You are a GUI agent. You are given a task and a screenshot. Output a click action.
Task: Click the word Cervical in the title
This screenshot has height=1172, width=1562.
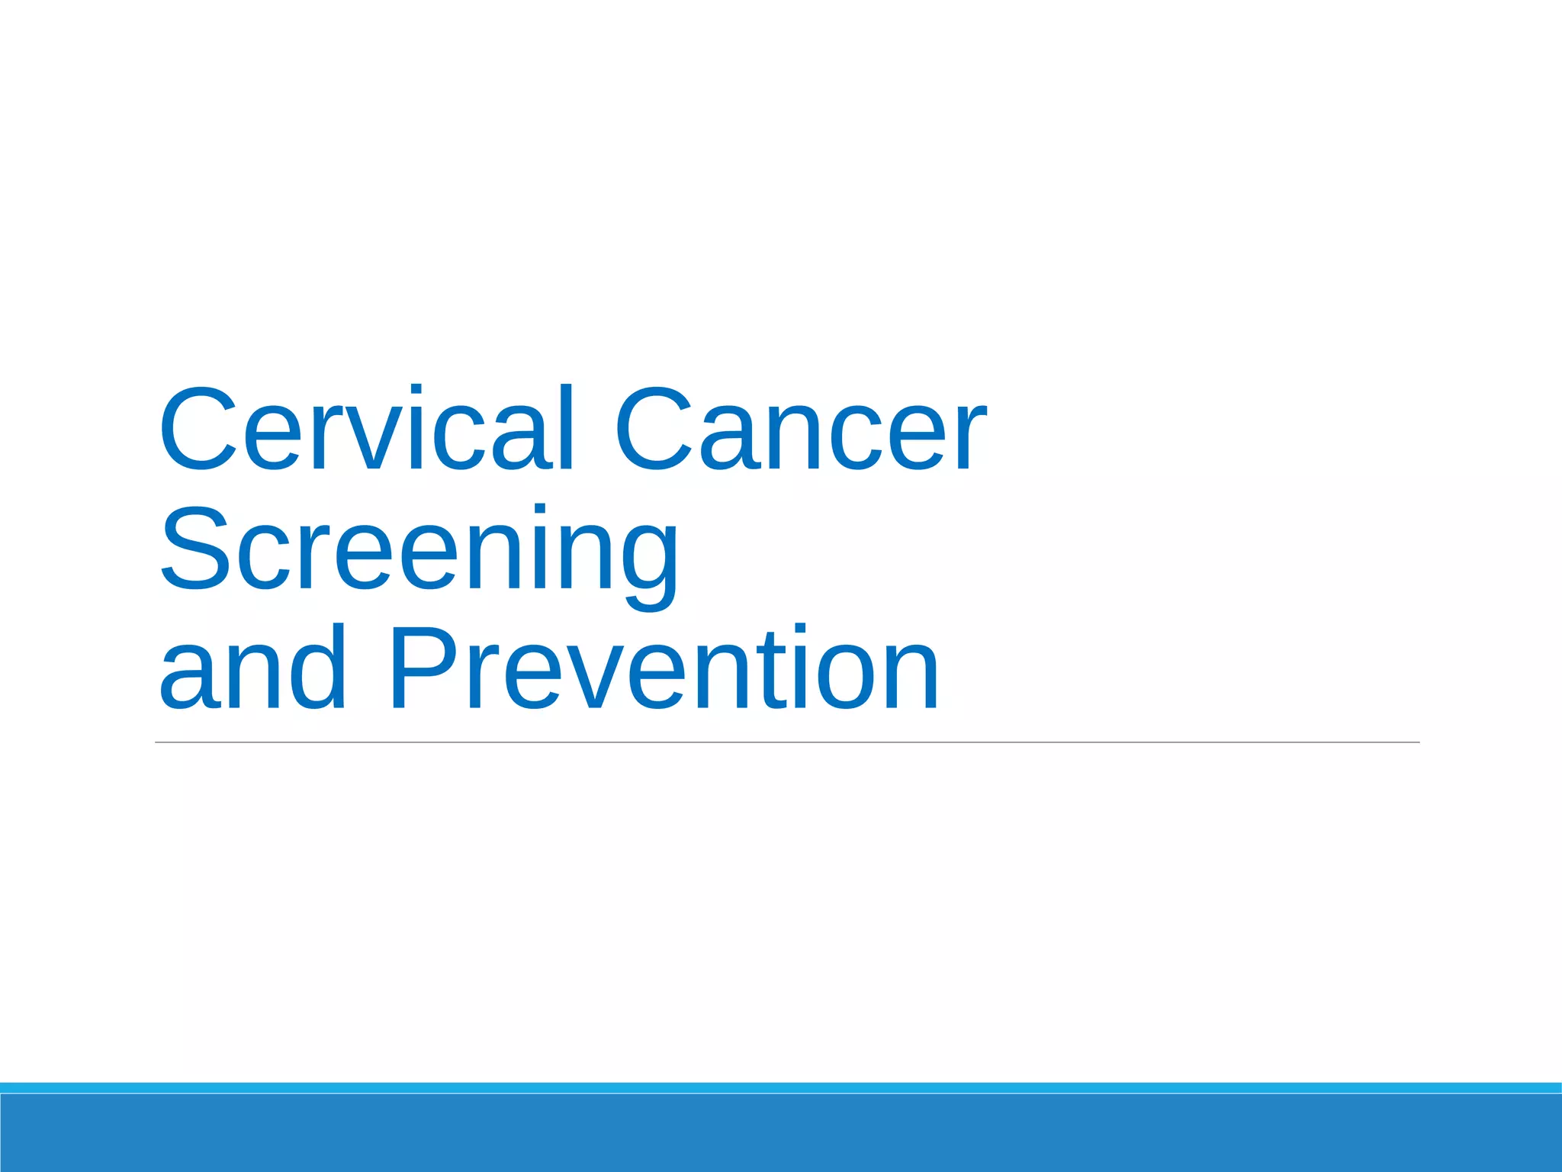point(365,429)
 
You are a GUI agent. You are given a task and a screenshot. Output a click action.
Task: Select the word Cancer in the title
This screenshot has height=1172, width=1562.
point(801,429)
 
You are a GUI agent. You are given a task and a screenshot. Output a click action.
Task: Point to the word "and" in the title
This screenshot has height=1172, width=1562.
point(252,668)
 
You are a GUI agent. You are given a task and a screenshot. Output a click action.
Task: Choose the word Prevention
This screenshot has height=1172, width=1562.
point(664,668)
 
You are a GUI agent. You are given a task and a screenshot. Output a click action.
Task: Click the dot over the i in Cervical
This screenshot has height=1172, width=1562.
point(415,391)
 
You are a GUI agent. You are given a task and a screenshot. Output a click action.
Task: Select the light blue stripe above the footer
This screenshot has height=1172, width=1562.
point(781,1087)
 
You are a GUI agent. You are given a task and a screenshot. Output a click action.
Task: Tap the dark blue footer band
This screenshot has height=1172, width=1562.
point(781,1133)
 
